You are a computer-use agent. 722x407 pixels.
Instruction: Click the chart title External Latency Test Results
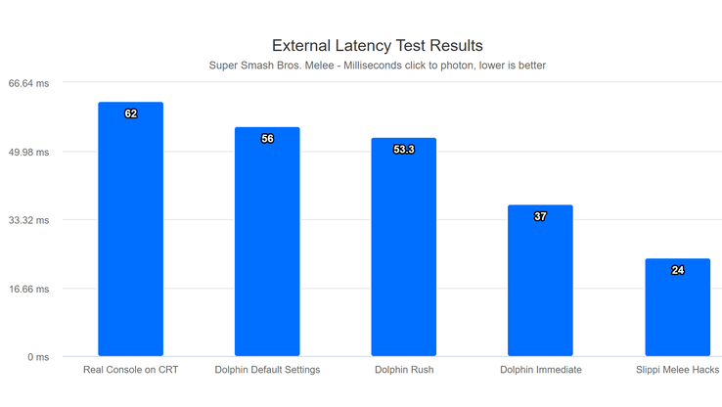(377, 45)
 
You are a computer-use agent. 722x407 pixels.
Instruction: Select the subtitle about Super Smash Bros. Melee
(377, 66)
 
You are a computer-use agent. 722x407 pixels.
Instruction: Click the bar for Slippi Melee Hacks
(677, 307)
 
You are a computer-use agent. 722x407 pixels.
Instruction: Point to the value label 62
(131, 114)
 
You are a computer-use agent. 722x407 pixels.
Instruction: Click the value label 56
(267, 139)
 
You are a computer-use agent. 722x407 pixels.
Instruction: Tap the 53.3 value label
(403, 150)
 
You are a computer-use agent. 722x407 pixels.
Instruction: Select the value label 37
(540, 216)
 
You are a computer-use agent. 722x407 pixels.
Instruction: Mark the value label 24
(677, 270)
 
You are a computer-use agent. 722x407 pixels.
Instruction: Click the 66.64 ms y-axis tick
(28, 83)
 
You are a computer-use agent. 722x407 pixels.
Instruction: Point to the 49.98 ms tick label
(28, 152)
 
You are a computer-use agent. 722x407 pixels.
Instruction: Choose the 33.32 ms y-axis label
(28, 220)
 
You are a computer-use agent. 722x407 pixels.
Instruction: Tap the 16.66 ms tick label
(28, 289)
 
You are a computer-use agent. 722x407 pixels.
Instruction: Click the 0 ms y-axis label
(37, 357)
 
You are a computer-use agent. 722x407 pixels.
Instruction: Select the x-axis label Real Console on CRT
(130, 370)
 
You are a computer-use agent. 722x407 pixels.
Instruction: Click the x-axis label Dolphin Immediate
(540, 370)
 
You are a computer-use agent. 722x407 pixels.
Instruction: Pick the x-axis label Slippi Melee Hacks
(677, 370)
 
